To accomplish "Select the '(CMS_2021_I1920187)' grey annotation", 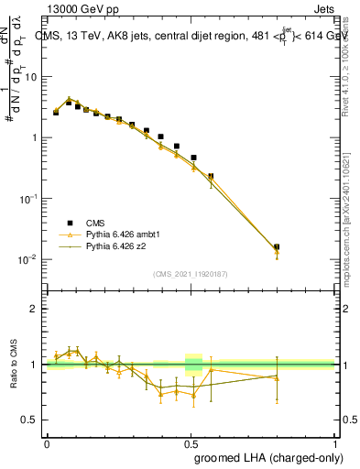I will [191, 273].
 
